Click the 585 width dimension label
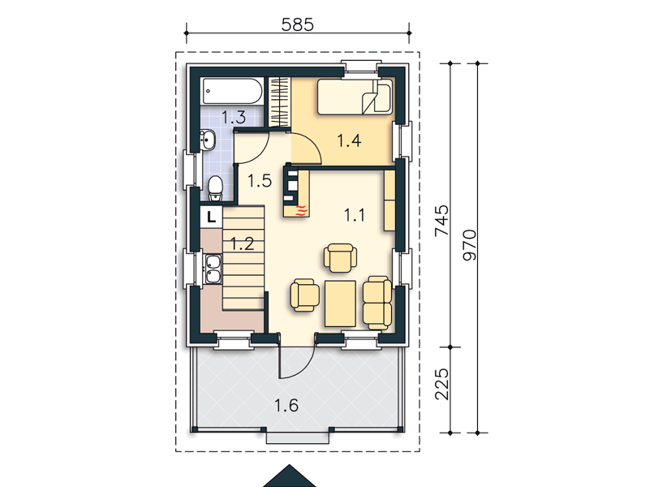click(297, 25)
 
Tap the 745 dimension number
click(442, 221)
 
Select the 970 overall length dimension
click(469, 245)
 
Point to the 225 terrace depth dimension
click(442, 384)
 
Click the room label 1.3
click(234, 118)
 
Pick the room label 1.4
click(349, 141)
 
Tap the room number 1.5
click(260, 181)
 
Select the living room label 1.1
click(355, 215)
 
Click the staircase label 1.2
click(242, 243)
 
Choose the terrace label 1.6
click(286, 405)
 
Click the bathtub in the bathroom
click(232, 91)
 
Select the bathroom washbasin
click(207, 140)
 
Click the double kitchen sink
click(213, 269)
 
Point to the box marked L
click(212, 217)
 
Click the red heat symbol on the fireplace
click(302, 210)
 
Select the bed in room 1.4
click(355, 97)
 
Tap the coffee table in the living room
click(340, 304)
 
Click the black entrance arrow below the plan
click(290, 476)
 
